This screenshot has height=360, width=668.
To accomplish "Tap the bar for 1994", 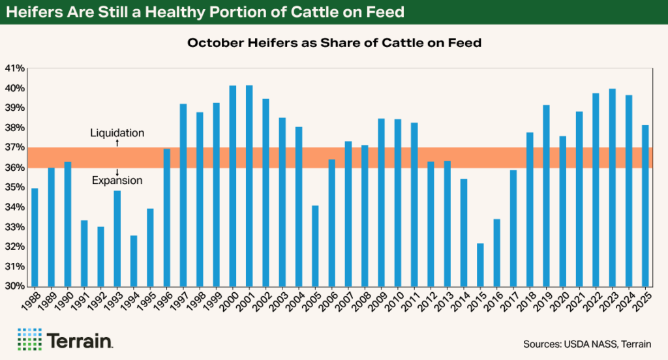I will click(x=134, y=261).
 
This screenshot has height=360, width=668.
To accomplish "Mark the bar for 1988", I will click(x=35, y=237).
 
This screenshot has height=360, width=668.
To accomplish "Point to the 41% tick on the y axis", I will click(x=14, y=68).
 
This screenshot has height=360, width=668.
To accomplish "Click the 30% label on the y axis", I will click(x=14, y=286).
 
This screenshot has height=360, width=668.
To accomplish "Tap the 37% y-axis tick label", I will click(x=14, y=148).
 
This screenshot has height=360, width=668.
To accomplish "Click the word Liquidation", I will click(x=117, y=133).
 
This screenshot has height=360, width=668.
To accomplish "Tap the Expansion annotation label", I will click(x=117, y=181).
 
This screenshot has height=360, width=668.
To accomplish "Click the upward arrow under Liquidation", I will click(x=117, y=142).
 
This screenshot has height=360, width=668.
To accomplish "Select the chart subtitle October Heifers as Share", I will click(x=333, y=43).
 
